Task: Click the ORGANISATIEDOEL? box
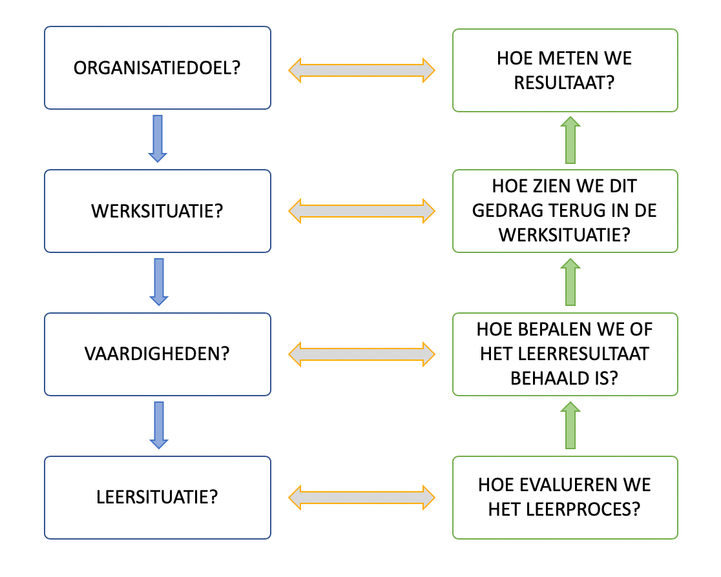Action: [157, 68]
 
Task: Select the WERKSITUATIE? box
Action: [157, 211]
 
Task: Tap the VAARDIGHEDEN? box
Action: [157, 354]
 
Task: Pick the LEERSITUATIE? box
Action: [157, 498]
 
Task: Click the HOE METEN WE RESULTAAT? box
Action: [565, 70]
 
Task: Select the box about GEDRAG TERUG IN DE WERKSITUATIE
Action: [565, 211]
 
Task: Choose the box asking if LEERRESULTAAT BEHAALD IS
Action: [565, 354]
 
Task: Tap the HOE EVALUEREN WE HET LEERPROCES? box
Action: [565, 498]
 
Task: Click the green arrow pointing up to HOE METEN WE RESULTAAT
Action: [570, 141]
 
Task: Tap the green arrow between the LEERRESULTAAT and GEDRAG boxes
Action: [570, 282]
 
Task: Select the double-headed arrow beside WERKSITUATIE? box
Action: [362, 211]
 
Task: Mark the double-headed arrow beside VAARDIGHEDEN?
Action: [362, 354]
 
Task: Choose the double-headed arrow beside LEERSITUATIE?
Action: [362, 498]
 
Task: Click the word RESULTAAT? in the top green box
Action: [565, 82]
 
